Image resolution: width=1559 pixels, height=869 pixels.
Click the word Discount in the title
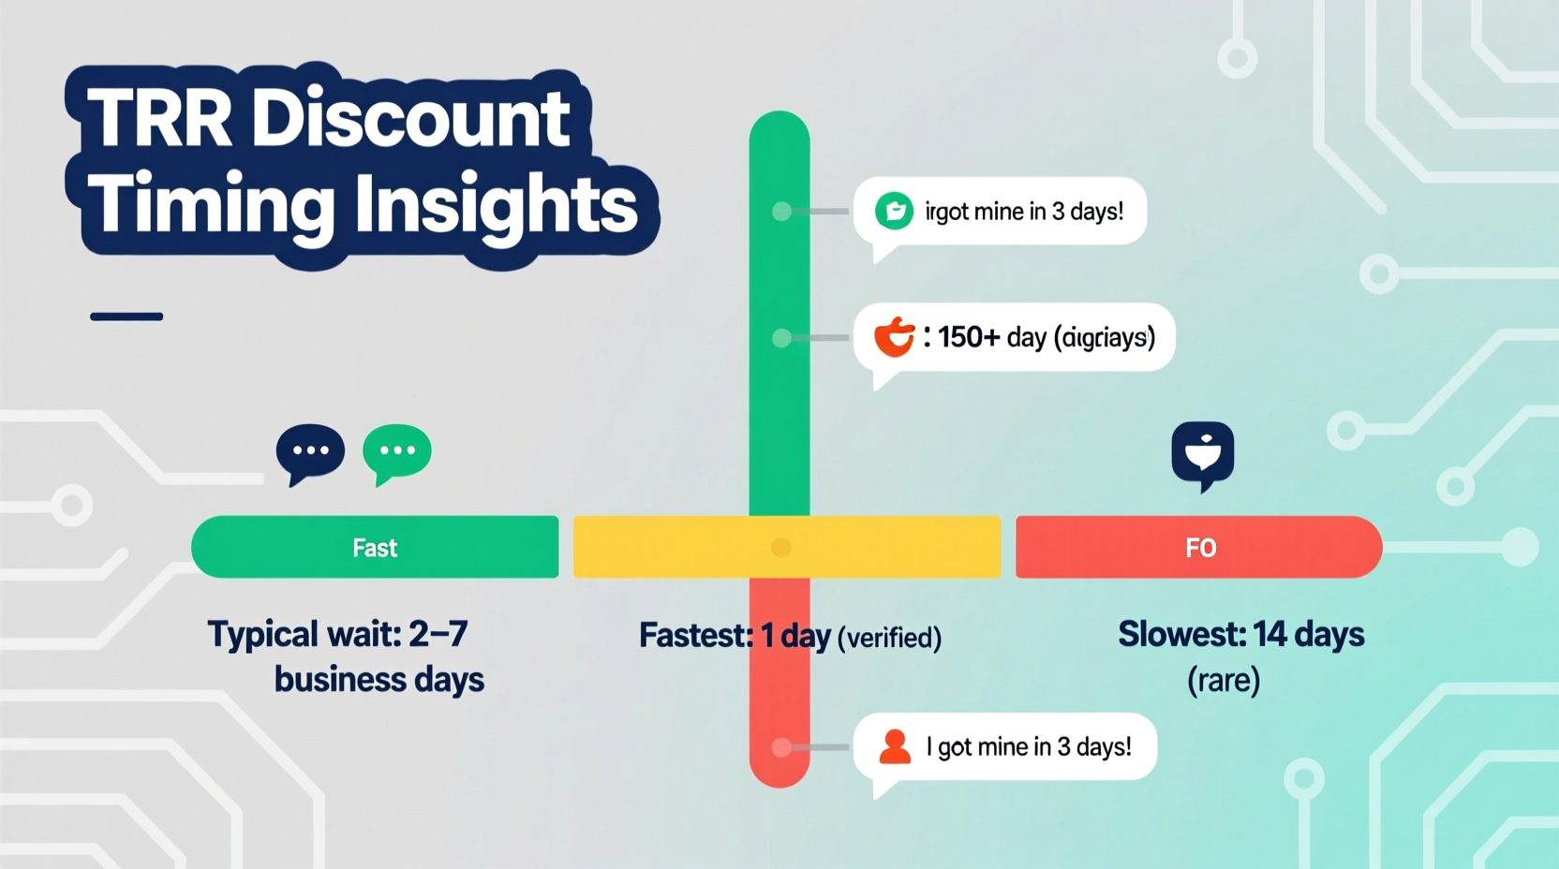[x=410, y=119]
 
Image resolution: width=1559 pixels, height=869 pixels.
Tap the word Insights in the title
[x=497, y=205]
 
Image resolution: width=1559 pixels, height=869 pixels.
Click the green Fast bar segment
[x=375, y=548]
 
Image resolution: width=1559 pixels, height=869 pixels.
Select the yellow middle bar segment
[x=675, y=548]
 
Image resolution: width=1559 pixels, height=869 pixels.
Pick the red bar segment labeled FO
[x=1199, y=548]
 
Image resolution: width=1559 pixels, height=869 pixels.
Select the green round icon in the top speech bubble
[x=894, y=211]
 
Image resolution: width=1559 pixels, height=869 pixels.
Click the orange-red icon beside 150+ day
[x=894, y=337]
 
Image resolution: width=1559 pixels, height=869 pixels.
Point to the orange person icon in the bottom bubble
[x=895, y=747]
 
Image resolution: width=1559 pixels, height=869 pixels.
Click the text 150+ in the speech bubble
[x=969, y=337]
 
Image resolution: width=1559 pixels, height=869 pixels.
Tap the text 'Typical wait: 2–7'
[x=337, y=635]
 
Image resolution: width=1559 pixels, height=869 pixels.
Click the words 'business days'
[x=379, y=680]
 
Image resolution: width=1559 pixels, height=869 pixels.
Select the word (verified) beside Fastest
[x=888, y=638]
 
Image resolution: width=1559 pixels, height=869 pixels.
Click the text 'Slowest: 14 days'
[x=1240, y=635]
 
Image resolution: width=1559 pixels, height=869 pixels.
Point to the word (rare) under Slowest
[x=1224, y=680]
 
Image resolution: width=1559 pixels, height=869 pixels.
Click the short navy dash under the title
[x=126, y=317]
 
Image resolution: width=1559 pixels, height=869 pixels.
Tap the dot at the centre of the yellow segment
[x=780, y=548]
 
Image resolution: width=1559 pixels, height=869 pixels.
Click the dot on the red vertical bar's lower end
[x=780, y=747]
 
